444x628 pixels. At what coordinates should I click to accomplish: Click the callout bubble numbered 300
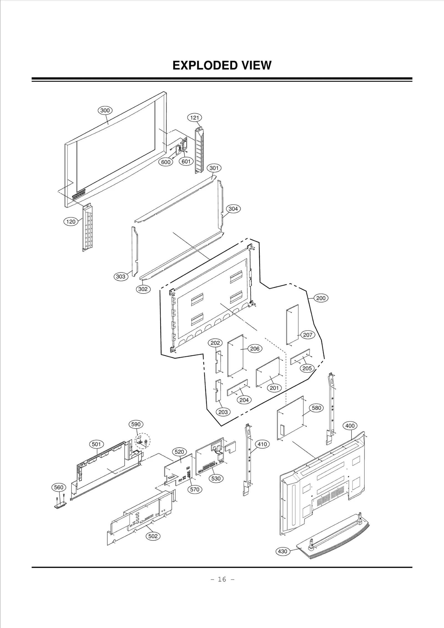[105, 110]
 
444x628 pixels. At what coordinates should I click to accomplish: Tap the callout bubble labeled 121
[195, 118]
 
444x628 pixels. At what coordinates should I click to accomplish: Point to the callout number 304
[233, 209]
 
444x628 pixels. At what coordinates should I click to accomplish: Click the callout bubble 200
[321, 298]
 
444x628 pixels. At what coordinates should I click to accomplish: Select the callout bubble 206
[255, 349]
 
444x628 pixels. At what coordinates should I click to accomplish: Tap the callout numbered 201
[274, 388]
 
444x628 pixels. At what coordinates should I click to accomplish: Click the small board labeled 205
[300, 357]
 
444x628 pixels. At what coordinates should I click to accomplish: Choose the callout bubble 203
[223, 420]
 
